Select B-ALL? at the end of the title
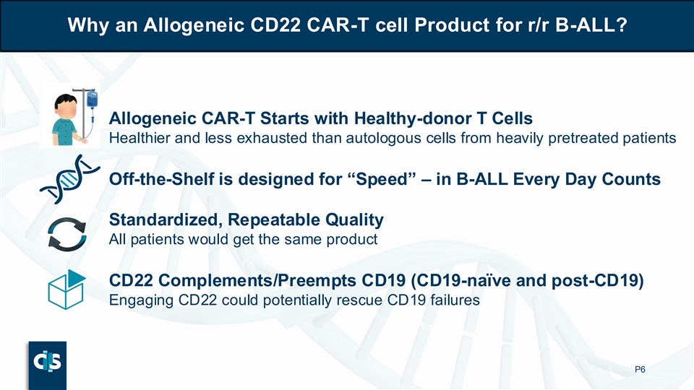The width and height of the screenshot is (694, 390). (x=591, y=25)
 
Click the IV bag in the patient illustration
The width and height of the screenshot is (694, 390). (x=92, y=99)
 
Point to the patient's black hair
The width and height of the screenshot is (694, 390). (x=66, y=101)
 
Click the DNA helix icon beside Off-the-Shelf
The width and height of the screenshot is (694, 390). (x=70, y=179)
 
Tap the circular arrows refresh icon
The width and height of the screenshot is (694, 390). (x=67, y=234)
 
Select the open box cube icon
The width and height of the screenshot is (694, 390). (x=67, y=290)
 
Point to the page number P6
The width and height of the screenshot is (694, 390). (x=640, y=369)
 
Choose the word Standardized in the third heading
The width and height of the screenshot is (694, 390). (x=166, y=220)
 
